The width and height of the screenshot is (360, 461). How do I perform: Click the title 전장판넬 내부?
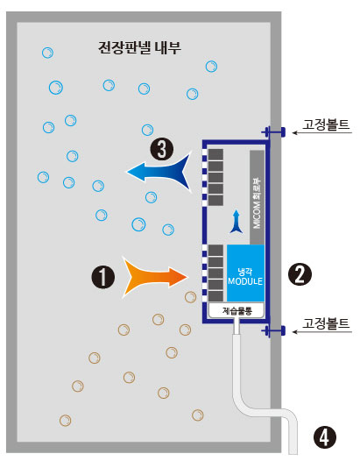139,47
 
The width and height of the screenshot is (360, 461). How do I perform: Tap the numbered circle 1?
102,277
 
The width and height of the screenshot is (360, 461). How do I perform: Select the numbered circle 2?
300,274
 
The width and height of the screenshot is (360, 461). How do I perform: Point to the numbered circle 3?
162,149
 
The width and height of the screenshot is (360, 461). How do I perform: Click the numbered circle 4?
324,437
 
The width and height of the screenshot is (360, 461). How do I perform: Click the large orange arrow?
156,277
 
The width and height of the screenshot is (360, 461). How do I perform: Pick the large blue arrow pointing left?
159,172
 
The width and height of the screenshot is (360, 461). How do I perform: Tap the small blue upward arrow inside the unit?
236,222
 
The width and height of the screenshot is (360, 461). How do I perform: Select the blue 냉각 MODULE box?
245,273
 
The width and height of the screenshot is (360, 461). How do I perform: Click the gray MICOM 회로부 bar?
257,197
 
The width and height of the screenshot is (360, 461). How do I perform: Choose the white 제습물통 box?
236,310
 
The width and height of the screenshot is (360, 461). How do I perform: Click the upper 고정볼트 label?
326,124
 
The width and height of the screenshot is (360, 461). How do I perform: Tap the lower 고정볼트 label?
326,323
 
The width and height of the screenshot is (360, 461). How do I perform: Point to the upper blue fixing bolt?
273,132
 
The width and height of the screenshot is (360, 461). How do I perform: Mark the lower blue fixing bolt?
273,331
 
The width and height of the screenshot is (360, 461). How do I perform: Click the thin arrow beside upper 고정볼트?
322,133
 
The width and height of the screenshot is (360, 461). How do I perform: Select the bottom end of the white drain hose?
293,453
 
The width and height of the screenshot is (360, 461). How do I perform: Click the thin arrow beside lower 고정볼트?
322,332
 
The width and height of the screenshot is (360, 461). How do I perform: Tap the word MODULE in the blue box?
245,281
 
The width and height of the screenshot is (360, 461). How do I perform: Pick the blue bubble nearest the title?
211,67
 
